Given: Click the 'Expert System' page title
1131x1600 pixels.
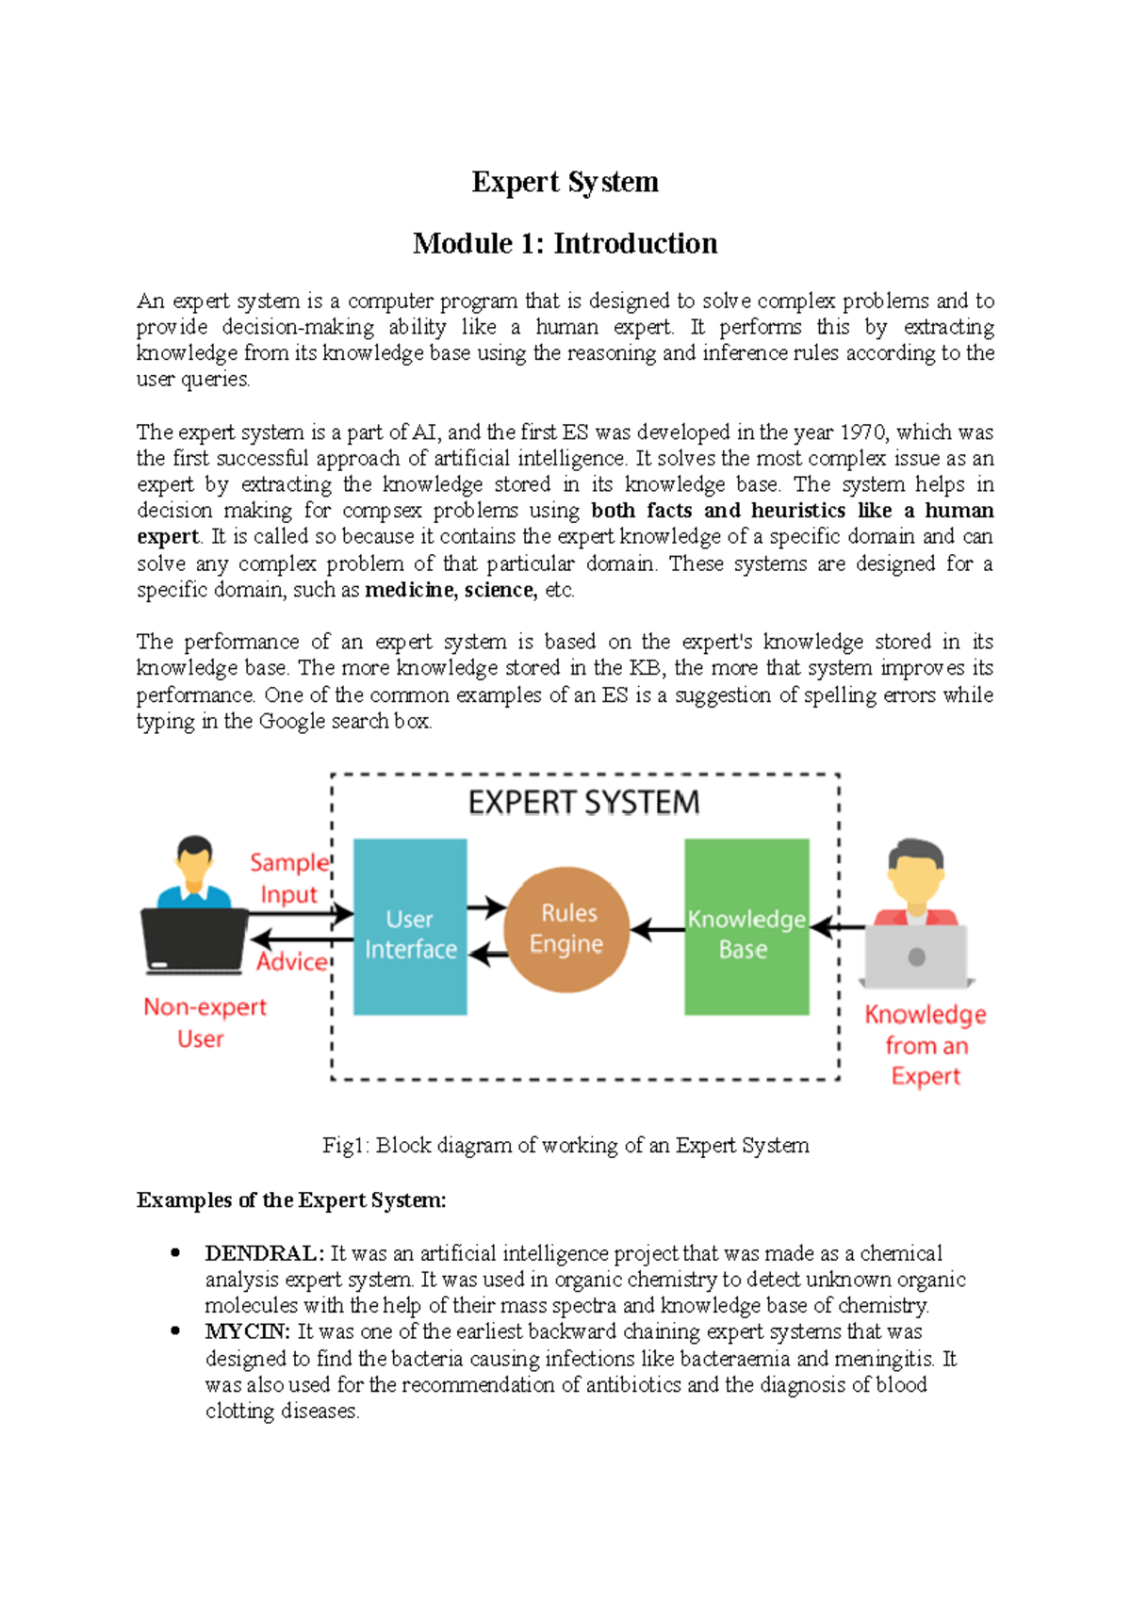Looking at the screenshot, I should (x=565, y=182).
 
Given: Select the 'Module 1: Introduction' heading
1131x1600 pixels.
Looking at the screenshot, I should (x=565, y=244).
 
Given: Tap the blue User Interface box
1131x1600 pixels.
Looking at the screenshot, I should (x=410, y=927).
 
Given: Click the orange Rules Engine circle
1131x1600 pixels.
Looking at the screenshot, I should (x=566, y=929).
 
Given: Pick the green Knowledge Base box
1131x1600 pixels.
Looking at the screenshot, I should (x=746, y=927).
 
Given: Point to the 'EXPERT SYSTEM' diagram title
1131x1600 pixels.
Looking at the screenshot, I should (x=583, y=803).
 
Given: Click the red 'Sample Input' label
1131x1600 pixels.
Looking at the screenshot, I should (x=289, y=878).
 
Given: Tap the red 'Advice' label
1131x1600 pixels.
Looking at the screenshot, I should (x=291, y=962).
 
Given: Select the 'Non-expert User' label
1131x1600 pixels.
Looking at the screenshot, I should (x=204, y=1022).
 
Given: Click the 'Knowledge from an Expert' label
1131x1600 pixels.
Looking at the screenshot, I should (x=926, y=1045).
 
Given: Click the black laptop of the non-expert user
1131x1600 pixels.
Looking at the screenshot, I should (x=193, y=939).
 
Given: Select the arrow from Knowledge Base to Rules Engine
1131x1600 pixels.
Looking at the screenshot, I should (x=657, y=930).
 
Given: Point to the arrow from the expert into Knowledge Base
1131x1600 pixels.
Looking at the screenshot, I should (x=837, y=928).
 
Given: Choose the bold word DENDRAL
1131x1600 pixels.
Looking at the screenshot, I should (x=264, y=1253).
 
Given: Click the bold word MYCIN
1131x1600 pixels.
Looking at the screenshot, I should (x=247, y=1331).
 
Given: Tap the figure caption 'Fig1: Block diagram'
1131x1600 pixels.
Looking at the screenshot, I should (x=565, y=1145).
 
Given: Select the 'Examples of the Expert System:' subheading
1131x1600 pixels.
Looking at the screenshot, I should (x=291, y=1200).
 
